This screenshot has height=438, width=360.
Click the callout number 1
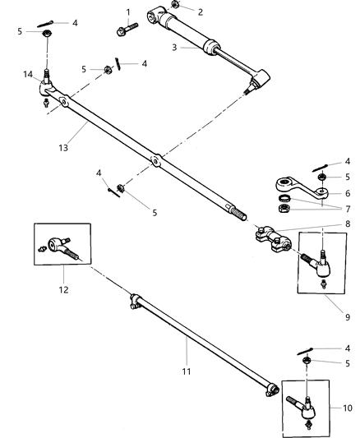(128, 12)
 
